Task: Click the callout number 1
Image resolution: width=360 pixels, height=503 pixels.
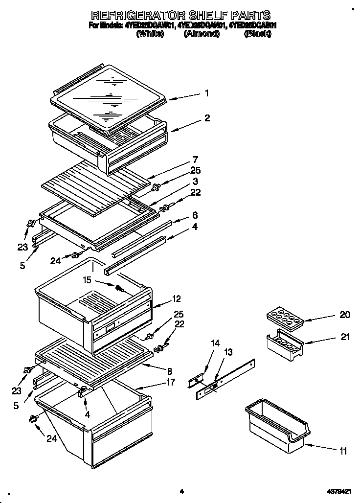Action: click(207, 93)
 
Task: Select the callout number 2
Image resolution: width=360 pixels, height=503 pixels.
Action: click(207, 118)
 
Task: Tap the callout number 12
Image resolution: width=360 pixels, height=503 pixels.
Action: click(177, 298)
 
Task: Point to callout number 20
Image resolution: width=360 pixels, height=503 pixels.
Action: click(344, 315)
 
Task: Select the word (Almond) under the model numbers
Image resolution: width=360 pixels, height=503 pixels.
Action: click(201, 34)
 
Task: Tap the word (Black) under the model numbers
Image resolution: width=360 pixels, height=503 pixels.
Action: click(257, 34)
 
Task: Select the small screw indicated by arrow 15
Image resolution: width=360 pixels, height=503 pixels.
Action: click(118, 288)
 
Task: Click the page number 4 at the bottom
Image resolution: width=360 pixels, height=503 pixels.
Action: click(181, 491)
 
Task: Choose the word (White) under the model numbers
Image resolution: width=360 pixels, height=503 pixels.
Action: click(151, 34)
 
